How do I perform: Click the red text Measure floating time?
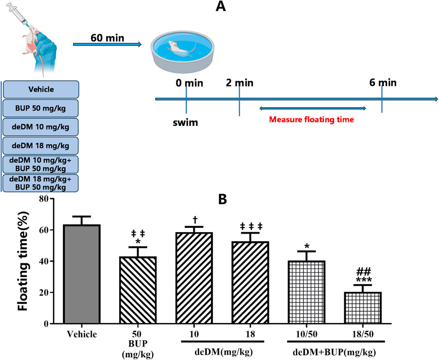click(312, 119)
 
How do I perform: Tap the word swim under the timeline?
click(186, 123)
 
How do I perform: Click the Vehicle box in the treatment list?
click(41, 89)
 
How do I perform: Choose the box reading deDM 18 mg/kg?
click(41, 145)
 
